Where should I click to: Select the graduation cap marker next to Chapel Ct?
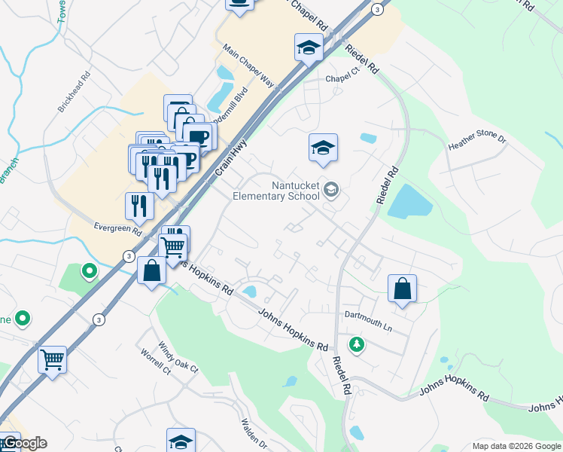click(309, 48)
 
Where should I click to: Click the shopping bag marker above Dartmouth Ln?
click(403, 288)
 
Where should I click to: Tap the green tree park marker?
click(356, 344)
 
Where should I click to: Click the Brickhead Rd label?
click(75, 93)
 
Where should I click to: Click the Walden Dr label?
click(254, 435)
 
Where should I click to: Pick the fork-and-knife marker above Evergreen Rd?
click(139, 206)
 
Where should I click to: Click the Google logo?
click(25, 443)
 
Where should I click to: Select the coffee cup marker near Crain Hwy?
click(199, 136)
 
